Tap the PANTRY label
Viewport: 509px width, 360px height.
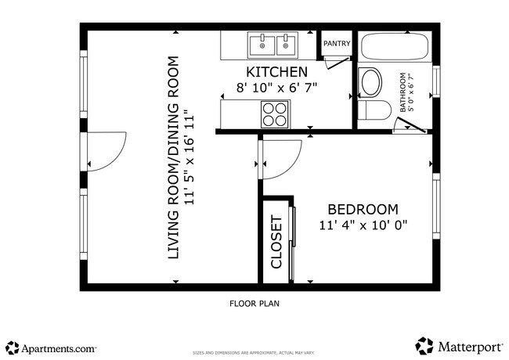tap(336, 44)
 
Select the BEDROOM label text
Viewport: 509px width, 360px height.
tap(362, 210)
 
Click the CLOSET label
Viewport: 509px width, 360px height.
tap(276, 242)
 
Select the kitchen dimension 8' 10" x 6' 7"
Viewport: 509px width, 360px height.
tap(276, 88)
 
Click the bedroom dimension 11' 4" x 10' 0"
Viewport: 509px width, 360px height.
tap(363, 226)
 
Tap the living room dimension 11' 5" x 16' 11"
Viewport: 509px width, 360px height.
tap(189, 157)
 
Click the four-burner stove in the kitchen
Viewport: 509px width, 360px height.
tap(275, 115)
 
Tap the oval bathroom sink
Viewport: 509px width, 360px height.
tap(370, 81)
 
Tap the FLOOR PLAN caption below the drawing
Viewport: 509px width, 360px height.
tap(254, 303)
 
